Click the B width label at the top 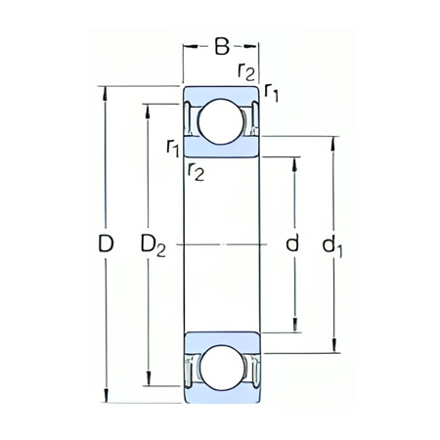click(222, 44)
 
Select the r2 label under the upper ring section click(196, 172)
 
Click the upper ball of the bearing click(221, 121)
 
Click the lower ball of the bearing click(221, 367)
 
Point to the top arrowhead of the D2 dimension click(148, 105)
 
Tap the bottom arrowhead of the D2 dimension click(148, 383)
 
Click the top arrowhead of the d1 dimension click(336, 141)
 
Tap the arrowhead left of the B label click(189, 44)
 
